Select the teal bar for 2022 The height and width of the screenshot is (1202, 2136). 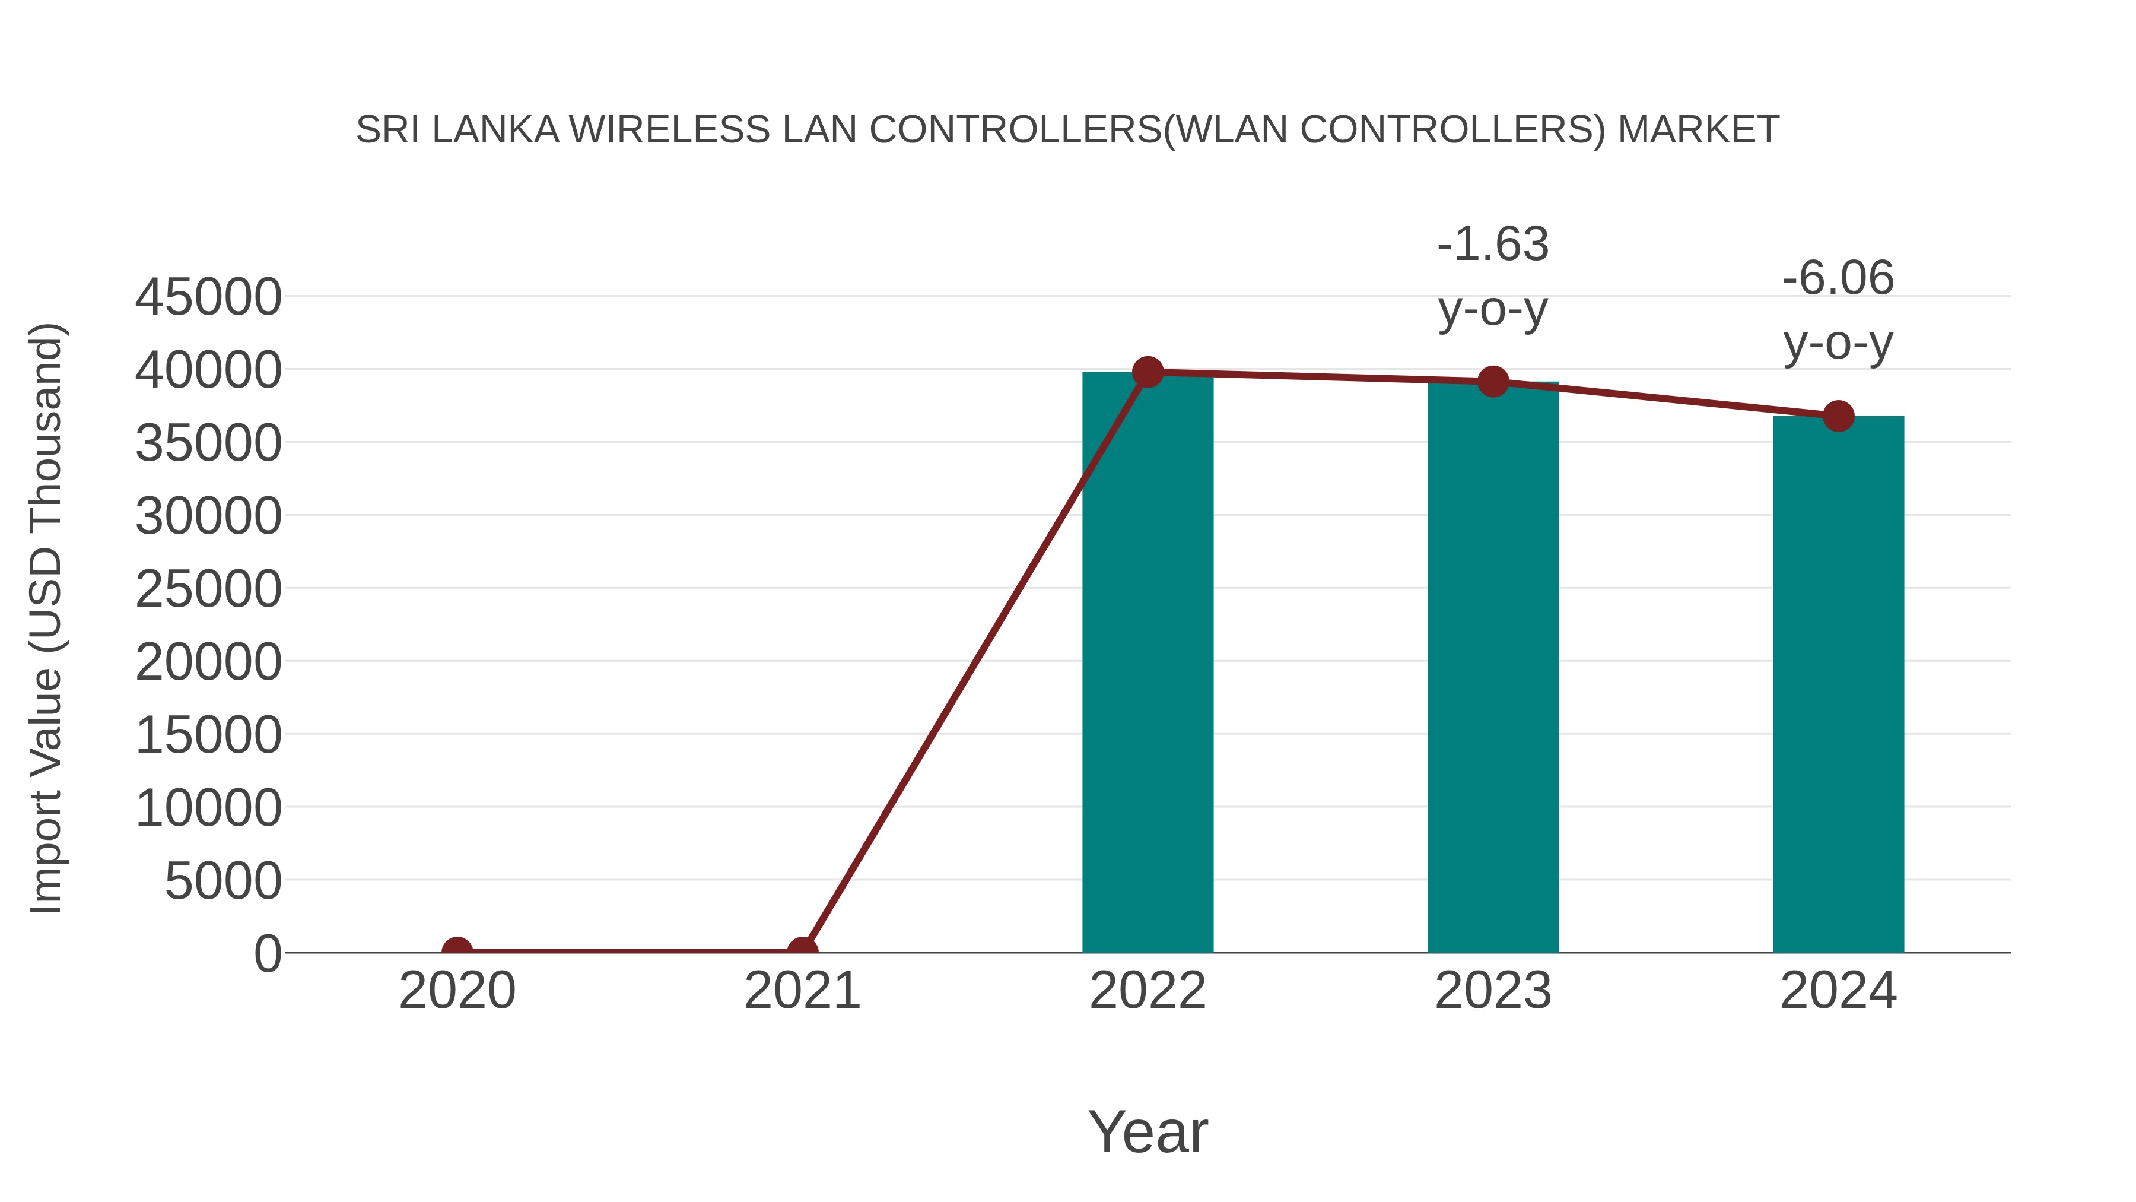coord(1148,664)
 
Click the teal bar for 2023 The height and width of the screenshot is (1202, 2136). coord(1493,668)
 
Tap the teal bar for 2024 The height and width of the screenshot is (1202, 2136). coord(1838,684)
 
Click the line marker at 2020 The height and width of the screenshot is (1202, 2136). coord(457,952)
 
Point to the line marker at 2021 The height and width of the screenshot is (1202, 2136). coord(802,952)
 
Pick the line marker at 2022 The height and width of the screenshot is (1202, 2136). coord(1148,372)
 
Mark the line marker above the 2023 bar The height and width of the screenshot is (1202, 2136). coord(1493,382)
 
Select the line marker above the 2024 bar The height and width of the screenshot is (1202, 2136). coord(1838,416)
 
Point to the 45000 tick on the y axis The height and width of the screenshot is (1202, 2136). coord(208,297)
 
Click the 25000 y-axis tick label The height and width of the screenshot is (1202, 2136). coord(208,589)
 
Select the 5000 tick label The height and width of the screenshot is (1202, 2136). coord(223,880)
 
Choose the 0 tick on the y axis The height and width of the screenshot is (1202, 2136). coord(268,953)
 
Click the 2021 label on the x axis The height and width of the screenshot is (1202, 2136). coord(802,991)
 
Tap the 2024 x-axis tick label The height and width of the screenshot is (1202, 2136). coord(1838,991)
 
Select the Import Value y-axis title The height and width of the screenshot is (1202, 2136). coord(46,618)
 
